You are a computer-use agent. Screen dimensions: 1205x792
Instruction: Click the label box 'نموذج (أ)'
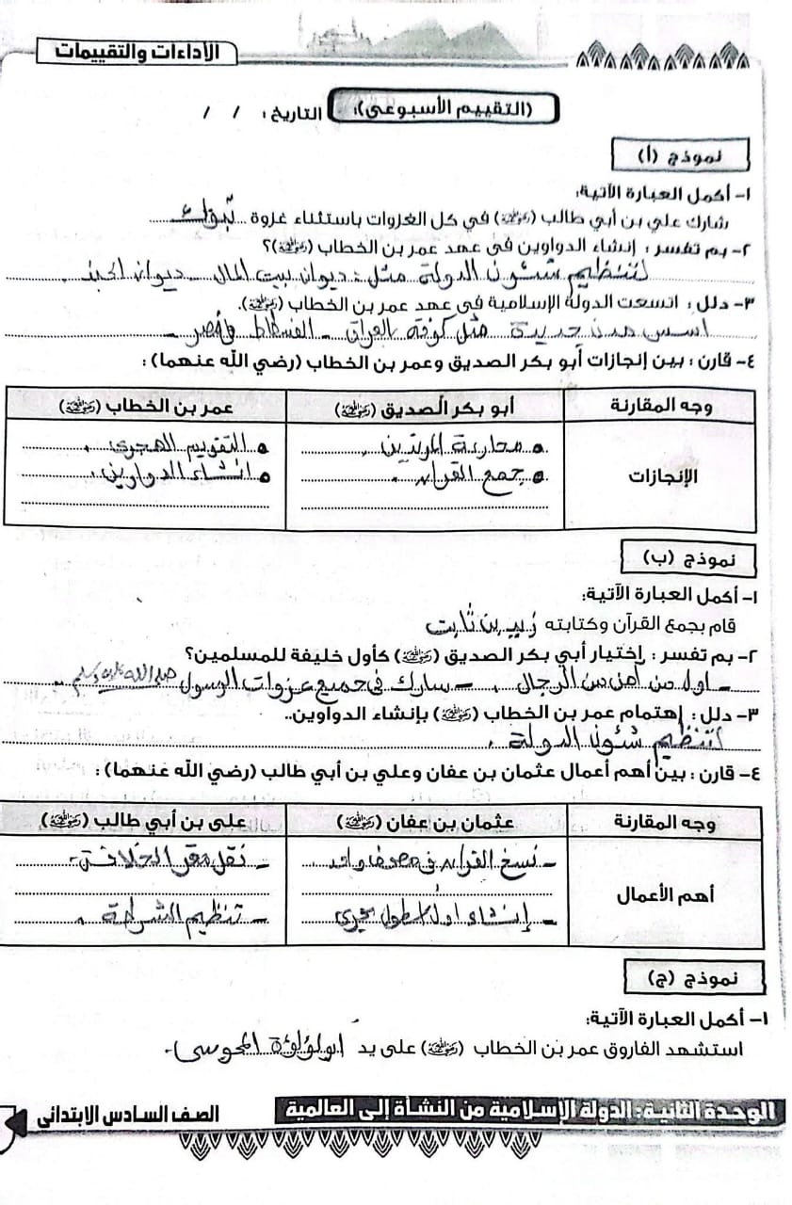point(679,153)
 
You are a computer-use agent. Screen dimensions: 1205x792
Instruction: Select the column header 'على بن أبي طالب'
point(146,822)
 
